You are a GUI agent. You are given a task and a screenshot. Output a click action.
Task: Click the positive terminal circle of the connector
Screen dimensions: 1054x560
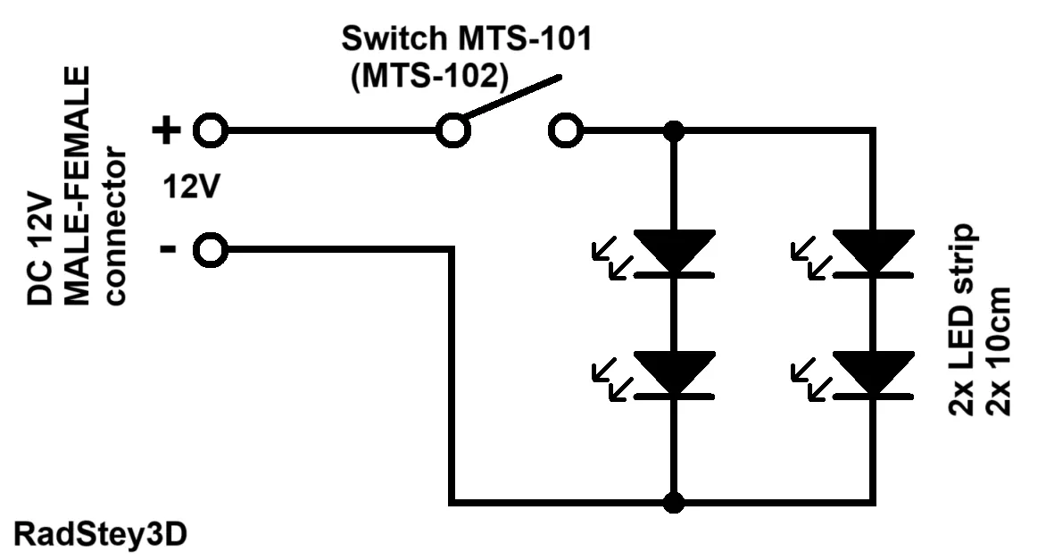coord(211,130)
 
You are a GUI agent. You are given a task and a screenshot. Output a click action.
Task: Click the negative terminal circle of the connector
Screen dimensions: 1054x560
coord(211,250)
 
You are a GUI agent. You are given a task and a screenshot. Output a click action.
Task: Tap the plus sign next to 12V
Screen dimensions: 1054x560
coord(166,130)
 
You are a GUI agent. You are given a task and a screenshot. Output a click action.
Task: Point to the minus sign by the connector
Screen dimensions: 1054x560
coord(168,250)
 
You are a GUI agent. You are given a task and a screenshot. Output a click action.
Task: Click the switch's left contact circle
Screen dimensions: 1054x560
coord(453,130)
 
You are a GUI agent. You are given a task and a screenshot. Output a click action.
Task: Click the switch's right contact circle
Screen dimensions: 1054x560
coord(565,130)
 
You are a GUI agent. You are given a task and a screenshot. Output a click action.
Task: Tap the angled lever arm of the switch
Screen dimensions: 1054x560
coord(513,98)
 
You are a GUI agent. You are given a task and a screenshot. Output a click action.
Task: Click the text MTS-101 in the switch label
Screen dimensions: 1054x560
coord(524,38)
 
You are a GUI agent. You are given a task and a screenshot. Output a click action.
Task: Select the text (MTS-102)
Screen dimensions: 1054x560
coord(429,76)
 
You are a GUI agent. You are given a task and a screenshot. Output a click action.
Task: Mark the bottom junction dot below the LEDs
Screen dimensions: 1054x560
coord(673,502)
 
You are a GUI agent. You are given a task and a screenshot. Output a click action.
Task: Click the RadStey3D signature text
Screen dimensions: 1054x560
coord(100,536)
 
